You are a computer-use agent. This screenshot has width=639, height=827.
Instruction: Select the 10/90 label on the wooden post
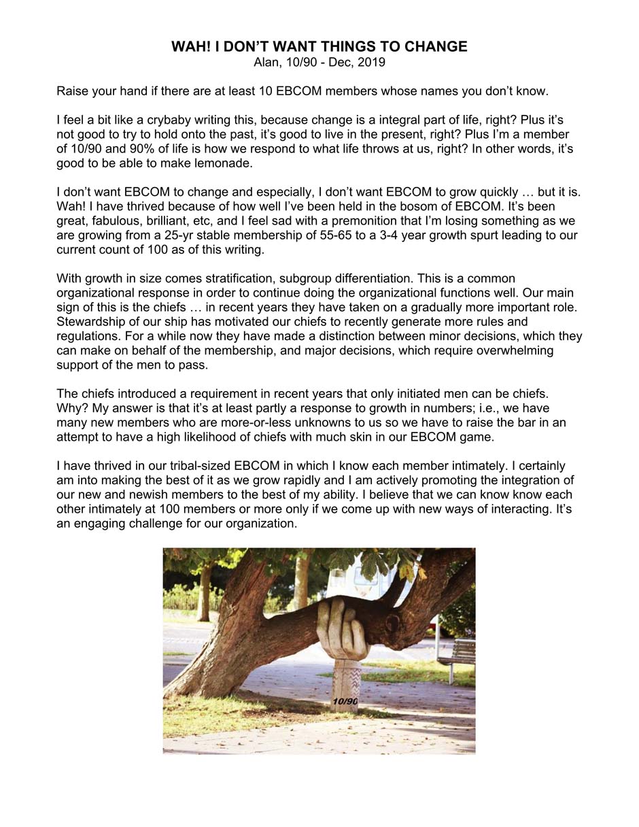pos(345,701)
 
